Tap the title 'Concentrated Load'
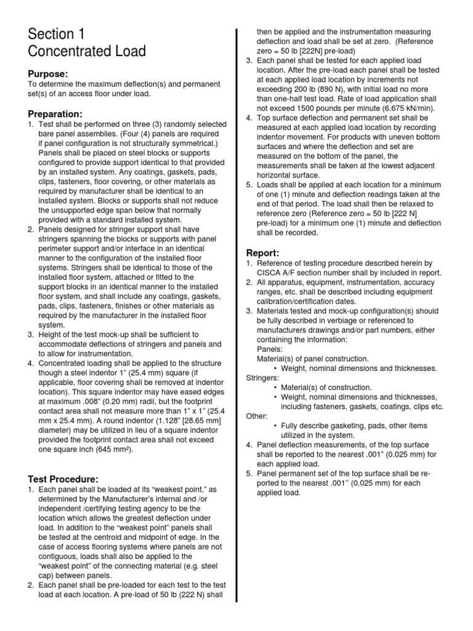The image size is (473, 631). pyautogui.click(x=87, y=51)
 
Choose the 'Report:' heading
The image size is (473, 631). pyautogui.click(x=263, y=253)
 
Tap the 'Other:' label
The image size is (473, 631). pyautogui.click(x=257, y=416)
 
